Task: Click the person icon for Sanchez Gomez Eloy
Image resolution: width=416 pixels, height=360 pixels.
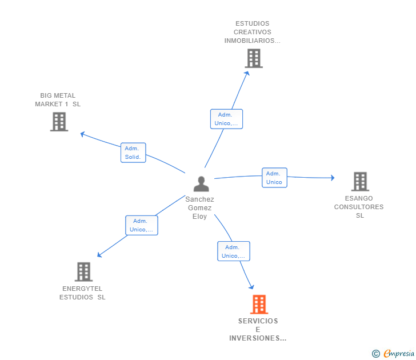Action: click(201, 184)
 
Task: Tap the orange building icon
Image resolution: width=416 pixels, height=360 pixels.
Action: click(259, 305)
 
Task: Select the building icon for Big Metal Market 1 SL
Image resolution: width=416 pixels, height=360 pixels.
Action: click(59, 122)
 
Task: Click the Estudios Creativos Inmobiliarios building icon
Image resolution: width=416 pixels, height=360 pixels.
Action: click(253, 58)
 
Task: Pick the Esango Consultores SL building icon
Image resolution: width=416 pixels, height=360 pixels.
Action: click(359, 182)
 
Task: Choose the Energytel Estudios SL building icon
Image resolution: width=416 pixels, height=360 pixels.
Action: click(83, 272)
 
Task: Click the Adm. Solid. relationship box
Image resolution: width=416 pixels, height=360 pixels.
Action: click(133, 153)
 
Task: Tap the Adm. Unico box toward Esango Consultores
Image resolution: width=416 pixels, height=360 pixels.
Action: click(274, 178)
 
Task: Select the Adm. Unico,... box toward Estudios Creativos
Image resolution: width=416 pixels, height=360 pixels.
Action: click(226, 119)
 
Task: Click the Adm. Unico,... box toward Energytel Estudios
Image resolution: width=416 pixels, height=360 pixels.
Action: click(141, 225)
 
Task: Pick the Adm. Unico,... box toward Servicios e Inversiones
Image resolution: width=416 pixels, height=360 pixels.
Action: click(233, 251)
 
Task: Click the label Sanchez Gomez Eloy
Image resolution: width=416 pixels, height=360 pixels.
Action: click(200, 208)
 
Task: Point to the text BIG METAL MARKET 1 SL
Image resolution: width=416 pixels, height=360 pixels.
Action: click(58, 100)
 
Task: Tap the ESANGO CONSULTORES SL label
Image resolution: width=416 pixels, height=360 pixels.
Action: click(359, 207)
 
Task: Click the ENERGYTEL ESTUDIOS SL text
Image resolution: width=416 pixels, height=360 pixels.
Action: click(83, 293)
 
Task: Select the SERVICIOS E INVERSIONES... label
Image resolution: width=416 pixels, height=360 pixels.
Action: click(258, 330)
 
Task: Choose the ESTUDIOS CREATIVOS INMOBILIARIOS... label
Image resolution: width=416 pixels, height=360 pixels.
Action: click(253, 33)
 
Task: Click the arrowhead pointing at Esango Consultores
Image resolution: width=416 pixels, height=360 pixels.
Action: click(332, 178)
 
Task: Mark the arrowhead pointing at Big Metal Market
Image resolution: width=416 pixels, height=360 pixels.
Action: click(82, 134)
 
